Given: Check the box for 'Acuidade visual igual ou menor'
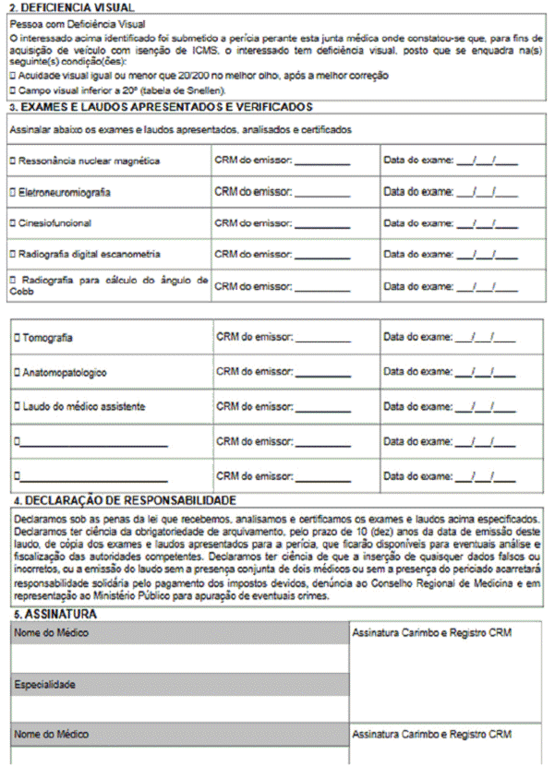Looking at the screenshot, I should pos(11,75).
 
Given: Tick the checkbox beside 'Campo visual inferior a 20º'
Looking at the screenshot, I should pos(11,91).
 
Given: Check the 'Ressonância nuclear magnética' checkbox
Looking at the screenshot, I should pos(12,162).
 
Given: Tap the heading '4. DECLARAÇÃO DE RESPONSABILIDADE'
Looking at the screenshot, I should pos(124,500).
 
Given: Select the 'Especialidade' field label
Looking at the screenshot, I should pos(44,685).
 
